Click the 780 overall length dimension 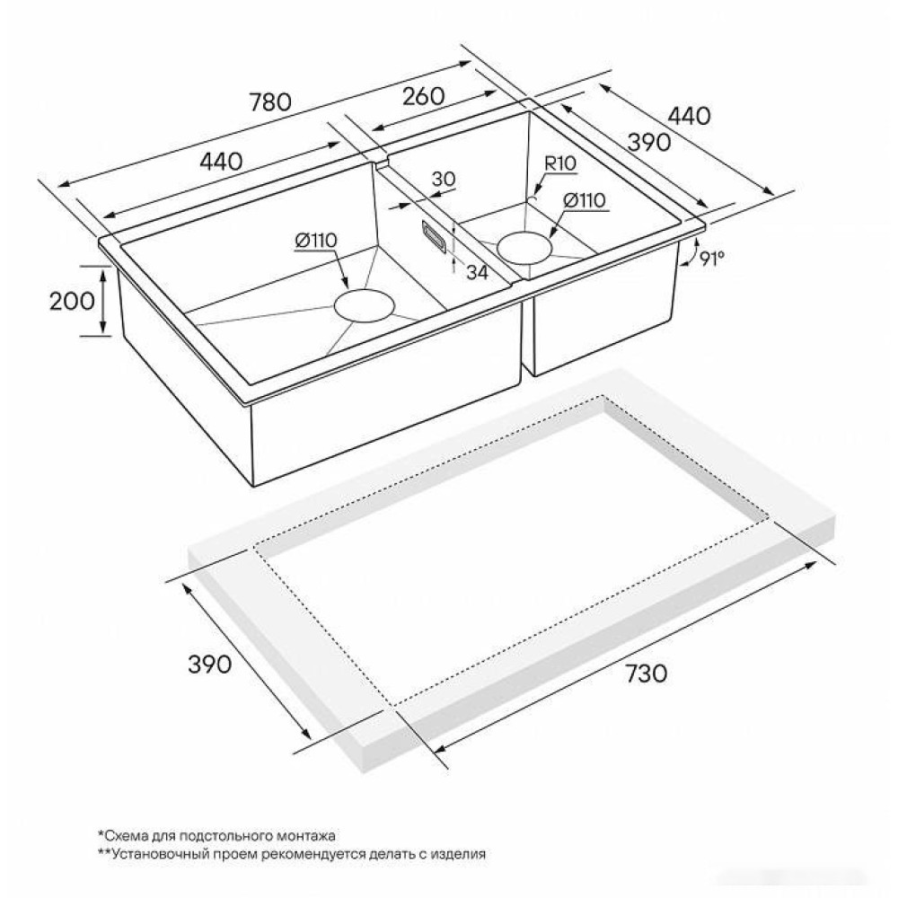[270, 102]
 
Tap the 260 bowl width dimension [423, 96]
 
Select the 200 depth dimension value [72, 301]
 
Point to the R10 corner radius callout [560, 163]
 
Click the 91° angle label [712, 259]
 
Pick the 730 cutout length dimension [646, 673]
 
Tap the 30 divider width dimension [444, 180]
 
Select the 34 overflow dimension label [477, 273]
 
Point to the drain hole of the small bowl [524, 247]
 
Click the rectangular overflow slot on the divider [434, 235]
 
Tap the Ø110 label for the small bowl [585, 200]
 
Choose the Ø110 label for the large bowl [317, 241]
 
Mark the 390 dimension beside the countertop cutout [210, 664]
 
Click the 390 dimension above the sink [649, 142]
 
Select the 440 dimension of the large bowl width [221, 161]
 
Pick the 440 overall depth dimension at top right [689, 116]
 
